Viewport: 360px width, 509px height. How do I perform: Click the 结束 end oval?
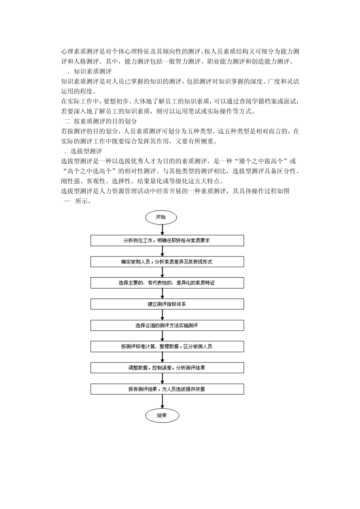[x=162, y=415]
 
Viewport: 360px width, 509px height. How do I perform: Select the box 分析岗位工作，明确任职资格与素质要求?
[x=167, y=240]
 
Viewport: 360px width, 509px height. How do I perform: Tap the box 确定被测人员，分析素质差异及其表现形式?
[x=167, y=262]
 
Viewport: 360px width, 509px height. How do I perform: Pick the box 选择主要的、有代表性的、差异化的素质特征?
[x=167, y=283]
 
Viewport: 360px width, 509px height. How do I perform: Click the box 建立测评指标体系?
[x=167, y=304]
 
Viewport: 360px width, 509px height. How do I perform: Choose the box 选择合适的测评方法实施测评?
[x=167, y=325]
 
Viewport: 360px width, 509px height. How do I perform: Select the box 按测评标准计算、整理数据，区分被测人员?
[x=167, y=347]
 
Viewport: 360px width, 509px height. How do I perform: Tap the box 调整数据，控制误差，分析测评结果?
[x=167, y=368]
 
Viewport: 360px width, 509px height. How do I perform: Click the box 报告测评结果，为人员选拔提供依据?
[x=167, y=389]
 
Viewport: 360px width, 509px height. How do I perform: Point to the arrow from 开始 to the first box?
[x=163, y=229]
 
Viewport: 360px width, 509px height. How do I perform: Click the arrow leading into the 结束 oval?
[x=163, y=401]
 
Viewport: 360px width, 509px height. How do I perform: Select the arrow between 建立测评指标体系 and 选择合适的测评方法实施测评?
[x=163, y=315]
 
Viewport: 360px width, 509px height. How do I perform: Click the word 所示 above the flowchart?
[x=82, y=201]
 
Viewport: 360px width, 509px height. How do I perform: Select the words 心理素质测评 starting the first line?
[x=80, y=52]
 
